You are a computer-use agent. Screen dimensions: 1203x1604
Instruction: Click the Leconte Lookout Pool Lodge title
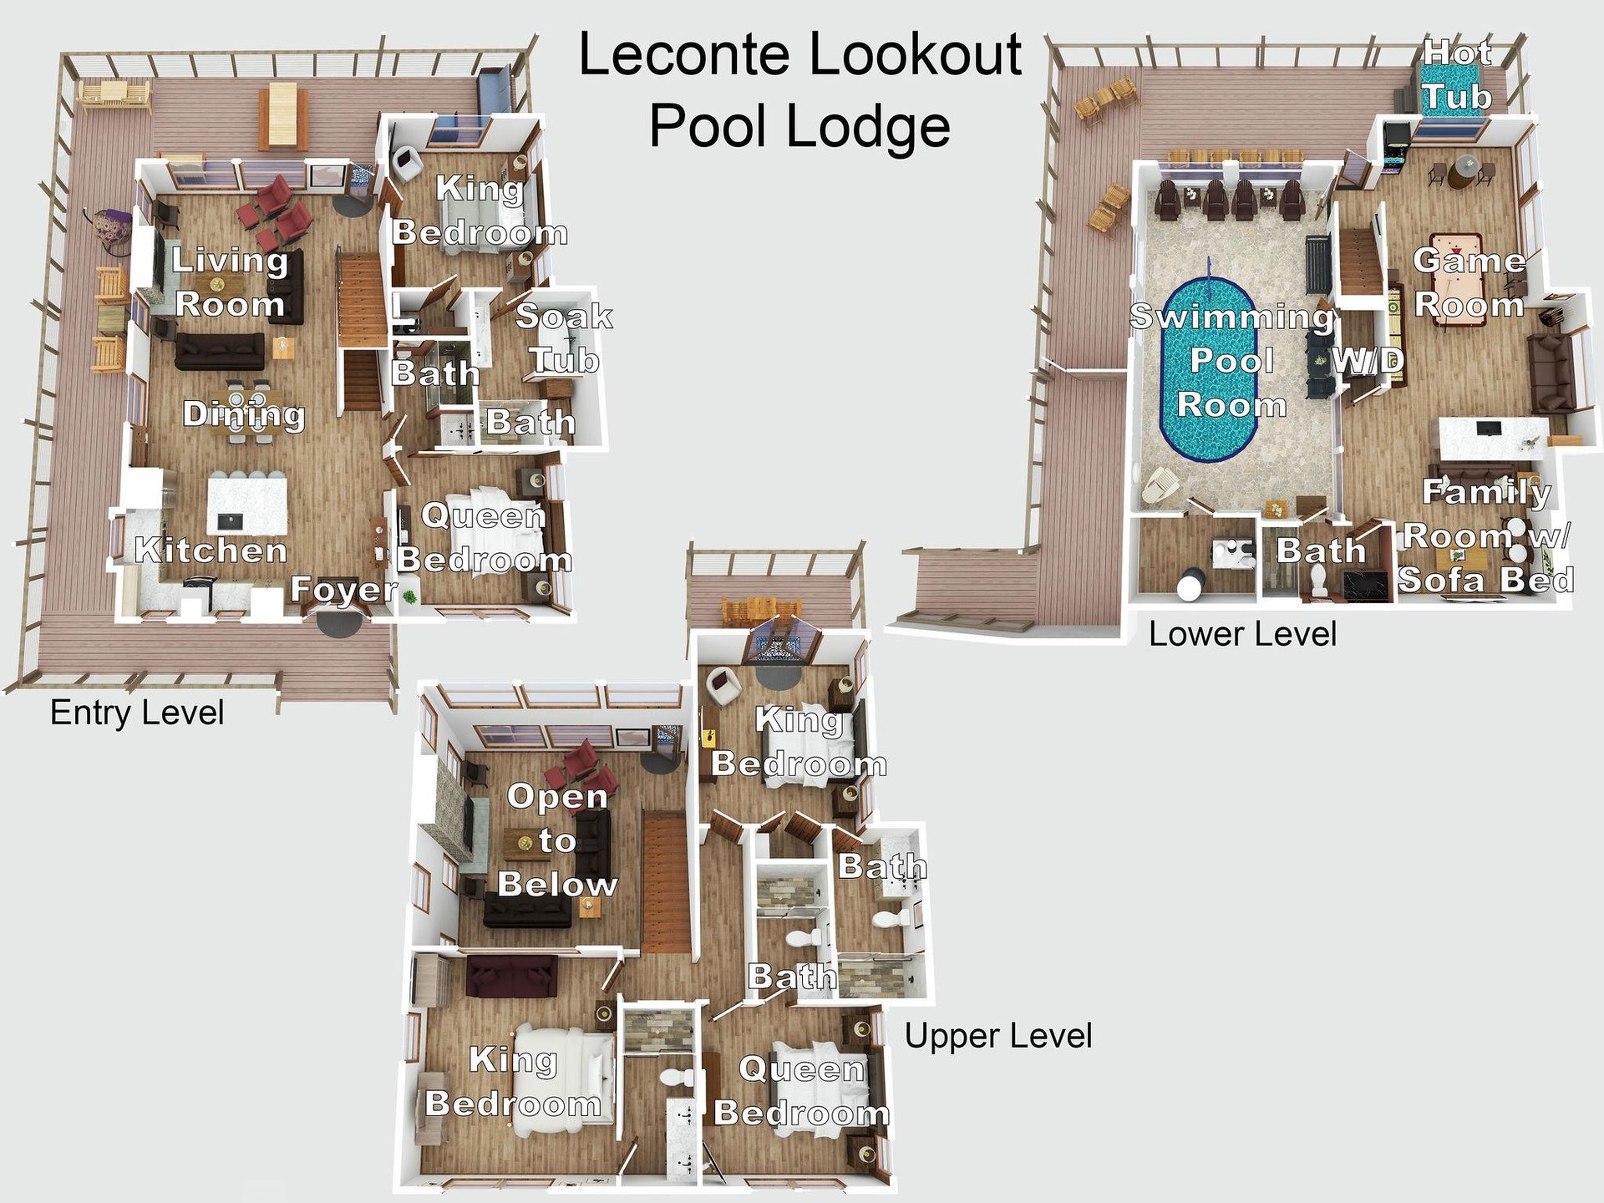point(799,90)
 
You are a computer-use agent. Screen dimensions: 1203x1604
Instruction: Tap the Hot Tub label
point(1457,75)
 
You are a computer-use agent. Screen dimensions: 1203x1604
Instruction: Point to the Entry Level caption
point(137,713)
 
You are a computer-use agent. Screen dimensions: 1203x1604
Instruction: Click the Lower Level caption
point(1242,634)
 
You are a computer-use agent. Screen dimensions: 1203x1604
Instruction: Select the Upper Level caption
point(998,1036)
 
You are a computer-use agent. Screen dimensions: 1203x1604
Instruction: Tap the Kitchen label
point(211,550)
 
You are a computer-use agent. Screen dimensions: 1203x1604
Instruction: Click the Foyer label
point(343,589)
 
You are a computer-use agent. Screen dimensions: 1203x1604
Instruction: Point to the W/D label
point(1367,361)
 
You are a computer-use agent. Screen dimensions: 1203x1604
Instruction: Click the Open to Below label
point(557,840)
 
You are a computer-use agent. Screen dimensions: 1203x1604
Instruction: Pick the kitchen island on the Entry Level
point(247,505)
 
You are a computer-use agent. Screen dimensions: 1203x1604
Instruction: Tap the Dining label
point(244,414)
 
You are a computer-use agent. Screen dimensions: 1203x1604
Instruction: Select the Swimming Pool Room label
point(1231,361)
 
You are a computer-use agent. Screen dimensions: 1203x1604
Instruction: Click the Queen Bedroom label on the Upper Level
point(802,1090)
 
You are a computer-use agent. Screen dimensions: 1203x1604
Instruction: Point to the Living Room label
point(230,282)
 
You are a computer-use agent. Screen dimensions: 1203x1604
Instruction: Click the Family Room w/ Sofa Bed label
point(1486,536)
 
